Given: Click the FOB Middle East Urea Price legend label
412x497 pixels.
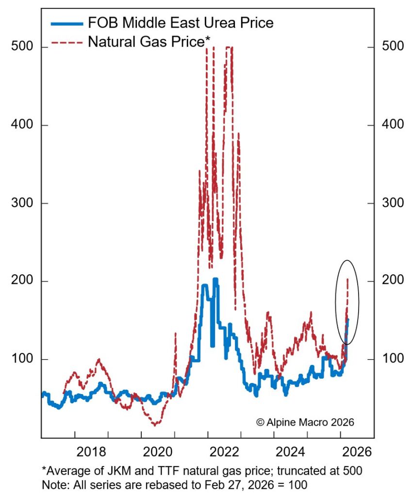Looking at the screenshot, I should click(180, 22).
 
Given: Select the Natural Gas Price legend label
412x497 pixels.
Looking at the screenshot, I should click(148, 42).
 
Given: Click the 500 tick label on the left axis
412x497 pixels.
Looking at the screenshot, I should click(21, 47).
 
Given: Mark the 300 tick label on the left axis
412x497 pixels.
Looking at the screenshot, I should click(21, 203).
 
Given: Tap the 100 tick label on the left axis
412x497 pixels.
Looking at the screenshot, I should click(21, 359).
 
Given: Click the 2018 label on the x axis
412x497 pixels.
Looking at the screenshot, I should click(92, 451).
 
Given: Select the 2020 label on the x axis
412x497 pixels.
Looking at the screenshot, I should click(158, 451).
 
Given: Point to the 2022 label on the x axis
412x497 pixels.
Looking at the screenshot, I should click(224, 451).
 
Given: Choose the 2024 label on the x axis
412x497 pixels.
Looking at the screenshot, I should click(291, 451).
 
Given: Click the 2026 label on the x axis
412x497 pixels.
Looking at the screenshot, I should click(357, 451).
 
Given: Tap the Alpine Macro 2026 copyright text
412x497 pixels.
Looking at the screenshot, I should click(305, 422).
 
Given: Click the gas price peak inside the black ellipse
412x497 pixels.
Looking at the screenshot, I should click(347, 280).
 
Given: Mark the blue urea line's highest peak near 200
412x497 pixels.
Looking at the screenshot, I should click(215, 279).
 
